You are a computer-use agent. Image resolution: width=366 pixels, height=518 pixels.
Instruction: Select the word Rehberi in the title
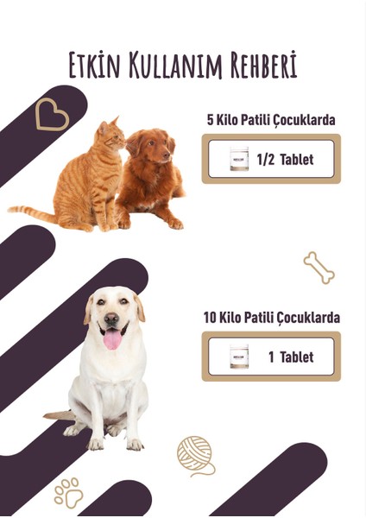click(x=258, y=65)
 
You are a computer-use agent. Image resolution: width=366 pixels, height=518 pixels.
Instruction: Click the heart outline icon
click(x=52, y=115)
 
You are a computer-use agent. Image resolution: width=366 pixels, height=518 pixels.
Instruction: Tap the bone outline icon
click(x=319, y=268)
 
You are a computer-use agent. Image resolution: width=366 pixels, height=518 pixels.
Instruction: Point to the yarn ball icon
click(x=195, y=454)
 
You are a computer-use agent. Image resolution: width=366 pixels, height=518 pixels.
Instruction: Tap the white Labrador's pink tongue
click(x=113, y=338)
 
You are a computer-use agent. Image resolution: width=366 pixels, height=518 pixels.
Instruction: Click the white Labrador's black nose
click(x=111, y=319)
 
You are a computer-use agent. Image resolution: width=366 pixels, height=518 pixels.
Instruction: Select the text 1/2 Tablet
click(x=285, y=159)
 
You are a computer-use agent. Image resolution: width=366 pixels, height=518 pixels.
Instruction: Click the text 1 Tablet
click(x=290, y=357)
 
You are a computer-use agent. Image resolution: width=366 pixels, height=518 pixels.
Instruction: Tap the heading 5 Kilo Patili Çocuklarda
click(x=271, y=120)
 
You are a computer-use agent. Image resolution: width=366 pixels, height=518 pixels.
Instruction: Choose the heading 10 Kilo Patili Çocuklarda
click(x=271, y=318)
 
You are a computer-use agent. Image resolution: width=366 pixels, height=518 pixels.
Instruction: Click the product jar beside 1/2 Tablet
click(x=239, y=159)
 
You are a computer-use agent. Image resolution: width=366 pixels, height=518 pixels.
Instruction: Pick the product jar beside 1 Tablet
click(x=239, y=357)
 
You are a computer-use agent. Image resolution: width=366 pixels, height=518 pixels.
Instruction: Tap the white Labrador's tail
click(x=60, y=416)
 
